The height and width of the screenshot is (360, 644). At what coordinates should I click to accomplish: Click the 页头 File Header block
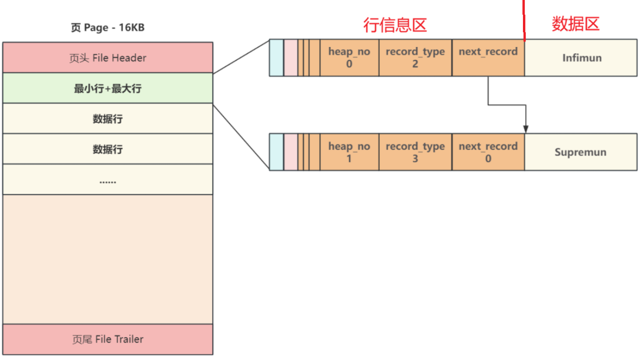click(108, 58)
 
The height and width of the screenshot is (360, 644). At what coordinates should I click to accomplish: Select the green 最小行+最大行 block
click(108, 89)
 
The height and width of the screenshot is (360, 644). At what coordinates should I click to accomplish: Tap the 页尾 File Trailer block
click(108, 339)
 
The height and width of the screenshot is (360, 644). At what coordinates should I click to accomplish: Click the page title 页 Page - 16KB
click(108, 28)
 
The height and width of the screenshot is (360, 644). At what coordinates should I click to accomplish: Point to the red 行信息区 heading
click(395, 25)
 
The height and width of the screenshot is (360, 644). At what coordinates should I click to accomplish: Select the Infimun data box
click(581, 58)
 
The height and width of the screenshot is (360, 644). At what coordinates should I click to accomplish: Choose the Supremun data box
click(581, 152)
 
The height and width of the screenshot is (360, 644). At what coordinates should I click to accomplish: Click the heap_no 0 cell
click(349, 58)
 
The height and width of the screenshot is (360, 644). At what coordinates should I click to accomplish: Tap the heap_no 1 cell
click(349, 152)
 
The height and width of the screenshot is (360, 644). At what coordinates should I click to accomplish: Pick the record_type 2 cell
click(415, 58)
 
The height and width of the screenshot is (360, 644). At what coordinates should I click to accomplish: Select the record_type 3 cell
click(415, 152)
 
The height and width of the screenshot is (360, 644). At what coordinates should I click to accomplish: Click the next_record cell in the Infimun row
click(488, 58)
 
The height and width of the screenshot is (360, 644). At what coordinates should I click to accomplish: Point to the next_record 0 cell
click(488, 152)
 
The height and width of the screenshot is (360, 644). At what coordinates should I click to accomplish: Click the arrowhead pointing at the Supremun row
click(526, 129)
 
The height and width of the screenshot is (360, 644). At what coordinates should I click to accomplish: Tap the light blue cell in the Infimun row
click(276, 58)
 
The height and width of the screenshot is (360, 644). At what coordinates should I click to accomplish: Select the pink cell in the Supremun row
click(291, 152)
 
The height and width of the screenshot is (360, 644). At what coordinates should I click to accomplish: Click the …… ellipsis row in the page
click(108, 180)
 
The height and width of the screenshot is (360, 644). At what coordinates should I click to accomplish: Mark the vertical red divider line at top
click(524, 21)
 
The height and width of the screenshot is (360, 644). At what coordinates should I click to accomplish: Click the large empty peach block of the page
click(108, 259)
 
